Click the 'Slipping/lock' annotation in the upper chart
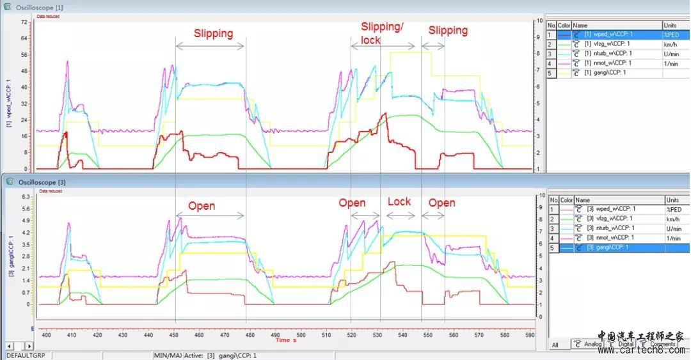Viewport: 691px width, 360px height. [x=383, y=33]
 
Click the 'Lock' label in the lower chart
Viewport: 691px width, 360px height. [x=399, y=201]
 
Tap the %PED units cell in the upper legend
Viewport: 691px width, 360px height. [x=671, y=35]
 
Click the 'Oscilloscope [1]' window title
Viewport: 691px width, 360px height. [x=40, y=7]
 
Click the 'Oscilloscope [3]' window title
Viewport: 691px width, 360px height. [x=40, y=182]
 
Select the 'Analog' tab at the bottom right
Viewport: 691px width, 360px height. [x=589, y=344]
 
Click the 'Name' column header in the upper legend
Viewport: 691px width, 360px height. [x=581, y=25]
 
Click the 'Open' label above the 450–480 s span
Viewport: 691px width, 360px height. [x=202, y=206]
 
